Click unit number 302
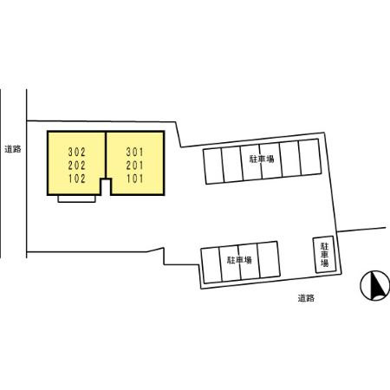[77, 152]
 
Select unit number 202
[77, 166]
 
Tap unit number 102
[77, 179]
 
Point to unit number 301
[134, 152]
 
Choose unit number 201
[134, 166]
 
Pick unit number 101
[134, 179]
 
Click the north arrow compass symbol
[374, 286]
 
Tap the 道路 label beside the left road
[13, 149]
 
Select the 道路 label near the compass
[306, 298]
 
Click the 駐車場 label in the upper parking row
[262, 159]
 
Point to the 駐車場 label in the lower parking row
[239, 260]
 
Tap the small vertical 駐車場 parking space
[325, 255]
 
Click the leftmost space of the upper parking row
[214, 166]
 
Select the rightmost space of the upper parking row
[310, 157]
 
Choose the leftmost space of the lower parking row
[211, 265]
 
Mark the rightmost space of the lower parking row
[269, 259]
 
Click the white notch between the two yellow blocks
[106, 187]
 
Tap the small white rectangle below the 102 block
[76, 198]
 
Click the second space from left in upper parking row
[232, 164]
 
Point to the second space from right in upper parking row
[290, 159]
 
